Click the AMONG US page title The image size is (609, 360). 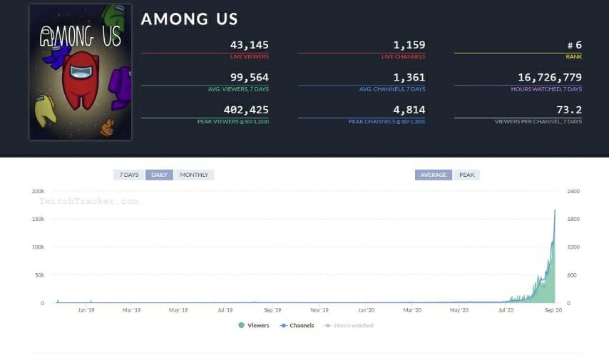click(189, 19)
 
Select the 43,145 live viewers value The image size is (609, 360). click(249, 45)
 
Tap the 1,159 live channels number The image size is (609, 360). click(410, 45)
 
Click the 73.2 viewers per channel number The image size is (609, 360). click(569, 110)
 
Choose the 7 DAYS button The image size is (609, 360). click(129, 175)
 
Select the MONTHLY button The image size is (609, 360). click(193, 175)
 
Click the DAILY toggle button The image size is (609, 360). click(159, 175)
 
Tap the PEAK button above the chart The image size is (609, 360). click(466, 175)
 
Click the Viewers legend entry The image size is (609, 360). click(254, 325)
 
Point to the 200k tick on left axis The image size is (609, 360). click(38, 191)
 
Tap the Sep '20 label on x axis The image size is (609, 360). click(554, 310)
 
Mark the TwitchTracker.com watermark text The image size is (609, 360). click(88, 201)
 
